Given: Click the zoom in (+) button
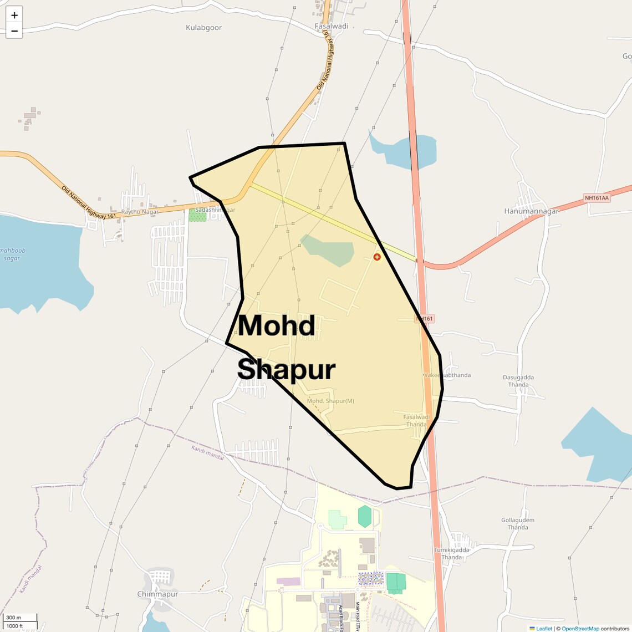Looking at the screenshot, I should (x=14, y=15).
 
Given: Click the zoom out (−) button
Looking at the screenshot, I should (x=14, y=31).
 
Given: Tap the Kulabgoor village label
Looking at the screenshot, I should (x=203, y=28).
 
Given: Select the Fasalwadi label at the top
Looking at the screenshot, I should (x=332, y=26).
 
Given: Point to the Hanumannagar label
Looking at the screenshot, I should (x=531, y=211).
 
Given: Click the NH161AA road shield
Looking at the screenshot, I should (x=597, y=198).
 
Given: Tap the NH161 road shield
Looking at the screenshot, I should (x=425, y=319).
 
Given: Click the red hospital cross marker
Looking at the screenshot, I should (x=377, y=257).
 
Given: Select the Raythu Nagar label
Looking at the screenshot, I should (x=140, y=212).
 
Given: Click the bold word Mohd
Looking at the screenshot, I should (x=277, y=325).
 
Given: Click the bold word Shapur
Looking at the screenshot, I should (x=287, y=370).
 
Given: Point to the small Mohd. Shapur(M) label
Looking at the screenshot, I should (x=330, y=401).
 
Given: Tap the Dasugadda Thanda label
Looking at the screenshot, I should (x=518, y=381).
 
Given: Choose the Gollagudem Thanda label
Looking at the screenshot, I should (x=518, y=524).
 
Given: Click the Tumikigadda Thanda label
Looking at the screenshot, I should (x=452, y=553).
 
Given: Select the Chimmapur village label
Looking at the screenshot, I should (x=157, y=594).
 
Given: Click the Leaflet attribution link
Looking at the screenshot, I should (x=543, y=629).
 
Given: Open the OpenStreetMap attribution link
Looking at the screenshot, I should (x=580, y=629).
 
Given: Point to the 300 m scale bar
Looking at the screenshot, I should (x=20, y=618).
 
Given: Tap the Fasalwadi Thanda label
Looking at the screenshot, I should (x=416, y=421).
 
